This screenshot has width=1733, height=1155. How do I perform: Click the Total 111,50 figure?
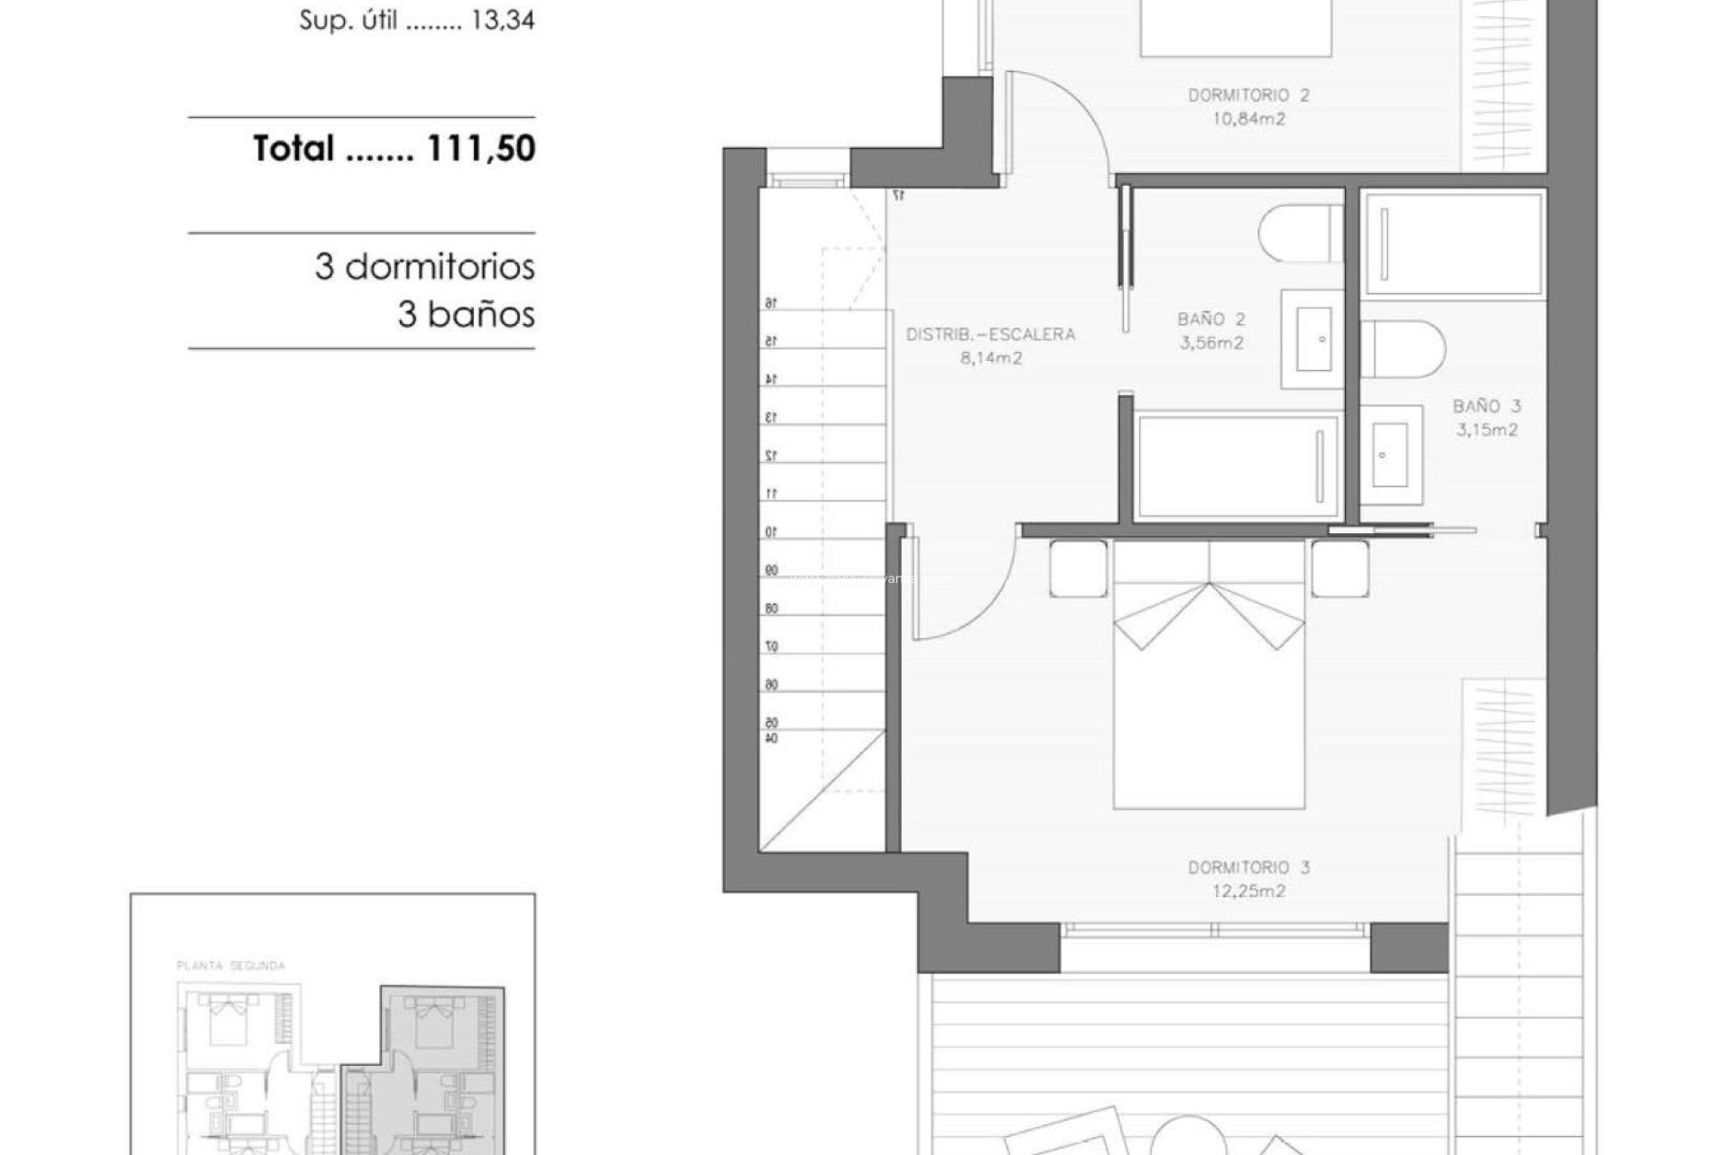[x=394, y=149]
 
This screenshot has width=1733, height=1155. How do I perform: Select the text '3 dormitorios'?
[x=424, y=267]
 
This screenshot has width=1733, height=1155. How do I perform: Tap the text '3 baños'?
[x=466, y=315]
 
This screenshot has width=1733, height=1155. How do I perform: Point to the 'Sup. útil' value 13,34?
[x=503, y=21]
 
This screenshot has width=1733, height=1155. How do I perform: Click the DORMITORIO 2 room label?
[x=1248, y=96]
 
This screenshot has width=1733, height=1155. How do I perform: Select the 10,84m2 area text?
[x=1248, y=119]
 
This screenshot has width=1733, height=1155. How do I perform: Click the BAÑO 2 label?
[x=1211, y=319]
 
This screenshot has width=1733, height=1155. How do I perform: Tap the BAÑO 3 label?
[x=1487, y=407]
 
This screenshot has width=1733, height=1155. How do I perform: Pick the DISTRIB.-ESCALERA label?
[x=990, y=335]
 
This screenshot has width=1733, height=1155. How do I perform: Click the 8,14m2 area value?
[x=990, y=358]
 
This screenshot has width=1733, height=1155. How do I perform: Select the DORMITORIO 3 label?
[x=1248, y=868]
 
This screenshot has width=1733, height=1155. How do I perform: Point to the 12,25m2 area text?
[x=1248, y=892]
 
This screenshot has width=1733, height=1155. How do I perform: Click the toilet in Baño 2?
[x=1300, y=233]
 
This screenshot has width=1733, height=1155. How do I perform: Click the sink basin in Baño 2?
[x=1313, y=339]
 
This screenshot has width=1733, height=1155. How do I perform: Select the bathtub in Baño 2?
[x=1237, y=467]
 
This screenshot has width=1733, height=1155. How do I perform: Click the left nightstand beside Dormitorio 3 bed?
[x=1078, y=568]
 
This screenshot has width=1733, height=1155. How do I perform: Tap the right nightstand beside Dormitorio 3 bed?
[x=1339, y=568]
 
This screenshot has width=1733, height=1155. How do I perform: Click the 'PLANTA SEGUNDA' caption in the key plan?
[x=231, y=966]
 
